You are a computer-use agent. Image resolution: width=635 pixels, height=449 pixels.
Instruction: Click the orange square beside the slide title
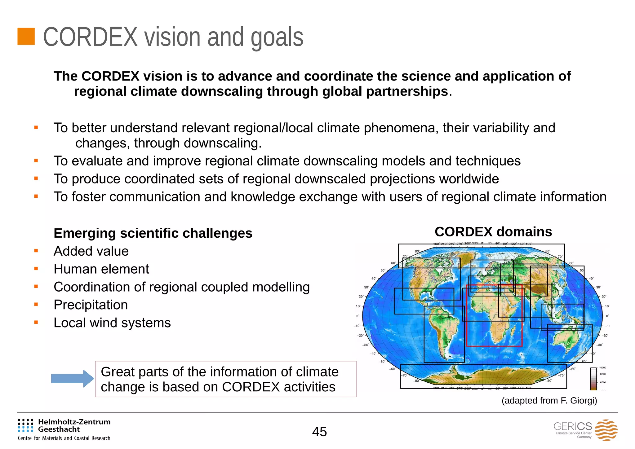pyautogui.click(x=26, y=37)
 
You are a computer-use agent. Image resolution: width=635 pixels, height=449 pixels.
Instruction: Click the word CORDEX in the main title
pyautogui.click(x=90, y=37)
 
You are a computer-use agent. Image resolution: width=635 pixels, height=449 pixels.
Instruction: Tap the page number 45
pyautogui.click(x=319, y=432)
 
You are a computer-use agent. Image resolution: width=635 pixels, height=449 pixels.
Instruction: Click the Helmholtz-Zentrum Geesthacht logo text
pyautogui.click(x=74, y=425)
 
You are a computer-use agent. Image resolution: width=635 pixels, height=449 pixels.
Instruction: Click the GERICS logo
pyautogui.click(x=585, y=430)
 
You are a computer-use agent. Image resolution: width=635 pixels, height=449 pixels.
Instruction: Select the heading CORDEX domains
pyautogui.click(x=493, y=232)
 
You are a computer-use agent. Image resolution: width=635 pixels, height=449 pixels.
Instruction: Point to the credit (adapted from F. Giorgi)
pyautogui.click(x=549, y=401)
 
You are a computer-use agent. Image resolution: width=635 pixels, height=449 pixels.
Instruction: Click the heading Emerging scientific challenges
pyautogui.click(x=153, y=233)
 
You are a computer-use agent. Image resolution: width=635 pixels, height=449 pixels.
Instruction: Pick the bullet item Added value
pyautogui.click(x=91, y=251)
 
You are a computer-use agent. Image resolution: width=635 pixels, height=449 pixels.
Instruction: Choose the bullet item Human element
pyautogui.click(x=101, y=269)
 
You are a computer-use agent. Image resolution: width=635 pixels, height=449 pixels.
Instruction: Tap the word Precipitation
pyautogui.click(x=91, y=305)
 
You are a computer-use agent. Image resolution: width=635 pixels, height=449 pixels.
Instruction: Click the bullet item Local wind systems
pyautogui.click(x=112, y=323)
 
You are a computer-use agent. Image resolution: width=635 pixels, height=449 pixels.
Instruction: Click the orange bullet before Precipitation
pyautogui.click(x=36, y=305)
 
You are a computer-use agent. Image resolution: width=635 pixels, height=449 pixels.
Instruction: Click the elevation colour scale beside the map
pyautogui.click(x=593, y=378)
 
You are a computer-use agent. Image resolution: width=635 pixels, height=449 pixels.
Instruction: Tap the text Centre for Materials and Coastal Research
pyautogui.click(x=64, y=438)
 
